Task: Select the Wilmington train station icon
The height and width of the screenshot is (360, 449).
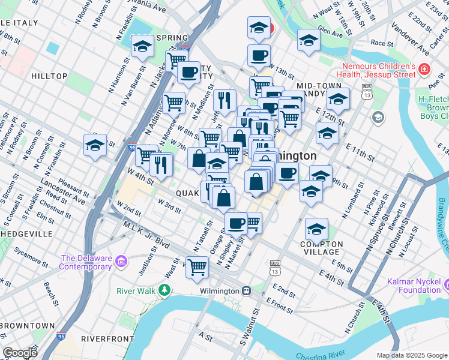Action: [x=246, y=291]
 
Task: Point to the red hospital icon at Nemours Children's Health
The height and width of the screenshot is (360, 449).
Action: [x=424, y=70]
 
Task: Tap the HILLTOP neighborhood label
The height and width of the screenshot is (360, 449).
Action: [x=49, y=76]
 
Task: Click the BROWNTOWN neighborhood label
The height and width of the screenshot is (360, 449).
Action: [x=28, y=325]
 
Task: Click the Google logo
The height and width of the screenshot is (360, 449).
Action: [x=20, y=353]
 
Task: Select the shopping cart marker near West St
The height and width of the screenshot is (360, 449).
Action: [x=197, y=267]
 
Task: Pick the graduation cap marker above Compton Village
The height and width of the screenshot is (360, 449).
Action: [x=316, y=228]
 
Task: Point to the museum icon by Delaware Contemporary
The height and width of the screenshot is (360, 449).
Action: [x=122, y=262]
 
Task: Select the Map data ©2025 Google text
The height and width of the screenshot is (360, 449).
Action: [x=411, y=355]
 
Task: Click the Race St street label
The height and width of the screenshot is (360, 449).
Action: [x=381, y=43]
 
